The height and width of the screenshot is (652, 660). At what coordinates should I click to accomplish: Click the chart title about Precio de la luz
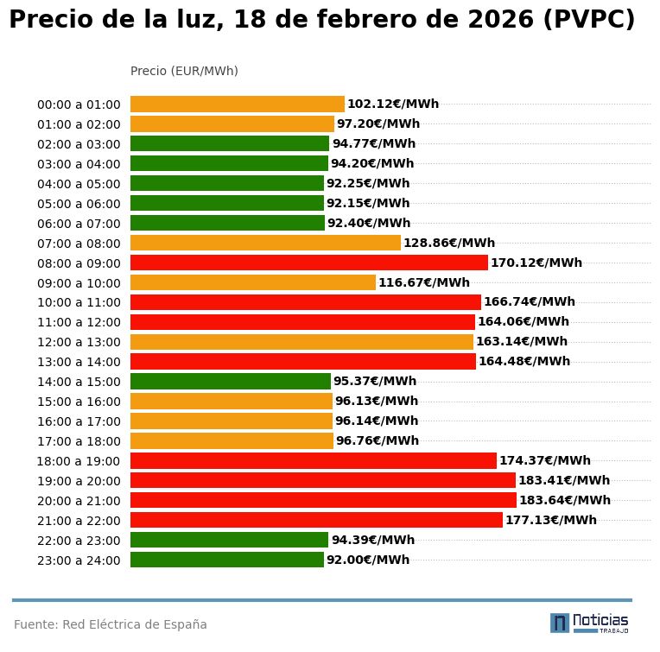tap(321, 21)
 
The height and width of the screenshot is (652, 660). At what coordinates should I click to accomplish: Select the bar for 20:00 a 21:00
tap(323, 500)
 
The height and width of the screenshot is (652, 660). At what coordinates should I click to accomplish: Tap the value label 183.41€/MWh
tap(563, 480)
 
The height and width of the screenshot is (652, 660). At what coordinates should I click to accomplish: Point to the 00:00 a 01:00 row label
tap(79, 104)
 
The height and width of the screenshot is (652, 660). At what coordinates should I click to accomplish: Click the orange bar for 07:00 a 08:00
tap(265, 243)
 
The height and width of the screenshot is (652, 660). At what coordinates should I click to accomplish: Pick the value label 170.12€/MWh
tap(536, 263)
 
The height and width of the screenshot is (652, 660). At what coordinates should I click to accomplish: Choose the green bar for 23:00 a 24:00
tap(226, 560)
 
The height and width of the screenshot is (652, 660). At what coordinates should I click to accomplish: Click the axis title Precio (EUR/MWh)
tap(184, 71)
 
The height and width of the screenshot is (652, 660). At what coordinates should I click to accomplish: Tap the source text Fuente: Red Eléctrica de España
tap(111, 624)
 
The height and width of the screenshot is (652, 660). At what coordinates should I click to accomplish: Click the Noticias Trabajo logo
tap(589, 623)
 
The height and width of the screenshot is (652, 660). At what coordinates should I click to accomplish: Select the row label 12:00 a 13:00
tap(79, 342)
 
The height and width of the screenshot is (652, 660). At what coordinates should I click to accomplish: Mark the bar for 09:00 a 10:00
tap(252, 282)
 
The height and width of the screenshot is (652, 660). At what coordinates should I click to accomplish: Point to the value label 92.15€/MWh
tap(368, 203)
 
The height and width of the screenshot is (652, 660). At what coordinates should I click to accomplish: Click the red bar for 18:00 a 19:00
tap(313, 460)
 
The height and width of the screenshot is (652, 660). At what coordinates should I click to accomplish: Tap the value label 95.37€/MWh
tap(374, 381)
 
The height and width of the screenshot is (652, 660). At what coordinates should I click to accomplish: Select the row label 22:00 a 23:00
tap(79, 540)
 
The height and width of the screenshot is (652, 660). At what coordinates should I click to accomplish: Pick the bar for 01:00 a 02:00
tap(232, 123)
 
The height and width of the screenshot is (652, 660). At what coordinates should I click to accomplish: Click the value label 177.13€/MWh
tap(550, 520)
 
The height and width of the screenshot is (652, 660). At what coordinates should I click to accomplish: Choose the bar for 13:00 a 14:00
tap(302, 361)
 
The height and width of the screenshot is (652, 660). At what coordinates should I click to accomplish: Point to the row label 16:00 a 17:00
tap(79, 421)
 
